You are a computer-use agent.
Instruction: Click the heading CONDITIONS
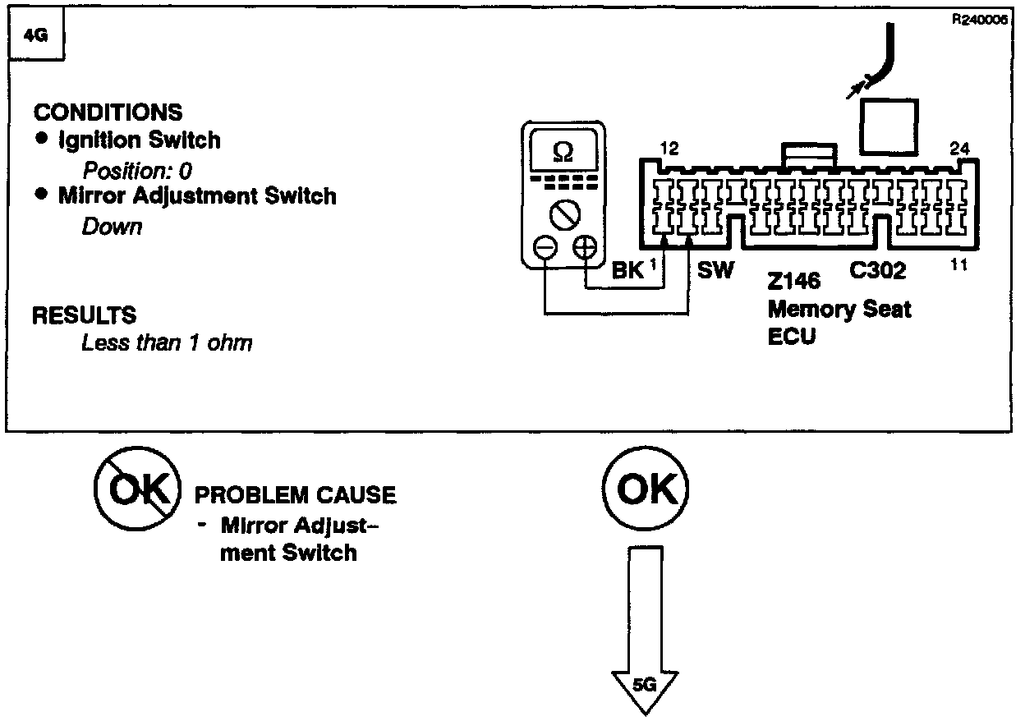pyautogui.click(x=108, y=112)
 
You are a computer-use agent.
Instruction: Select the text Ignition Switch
pyautogui.click(x=139, y=140)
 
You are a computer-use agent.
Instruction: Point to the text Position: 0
pyautogui.click(x=137, y=171)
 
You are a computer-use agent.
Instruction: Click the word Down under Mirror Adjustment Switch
pyautogui.click(x=112, y=227)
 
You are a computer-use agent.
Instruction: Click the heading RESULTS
pyautogui.click(x=85, y=315)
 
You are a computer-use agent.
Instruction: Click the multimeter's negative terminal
pyautogui.click(x=545, y=246)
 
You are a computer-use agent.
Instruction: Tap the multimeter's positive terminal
pyautogui.click(x=585, y=246)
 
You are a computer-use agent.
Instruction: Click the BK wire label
pyautogui.click(x=628, y=271)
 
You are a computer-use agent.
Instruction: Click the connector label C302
pyautogui.click(x=877, y=270)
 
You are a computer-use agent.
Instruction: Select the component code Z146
pyautogui.click(x=793, y=281)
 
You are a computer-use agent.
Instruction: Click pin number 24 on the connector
pyautogui.click(x=958, y=149)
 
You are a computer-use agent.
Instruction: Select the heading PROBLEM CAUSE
pyautogui.click(x=295, y=495)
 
